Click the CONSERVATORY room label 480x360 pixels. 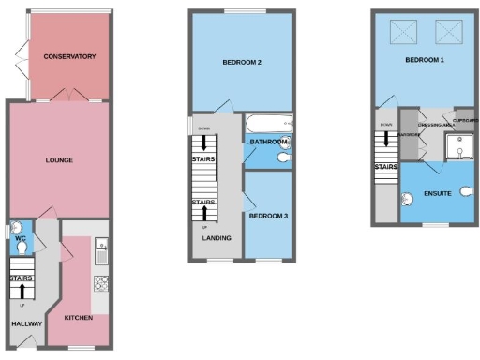[x=70, y=57]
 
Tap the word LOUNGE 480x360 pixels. [x=59, y=160]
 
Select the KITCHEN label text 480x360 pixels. [x=78, y=318]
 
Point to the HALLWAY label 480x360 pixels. [x=25, y=323]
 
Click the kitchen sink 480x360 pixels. [x=101, y=248]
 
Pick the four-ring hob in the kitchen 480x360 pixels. [x=99, y=283]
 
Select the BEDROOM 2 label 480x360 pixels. [x=241, y=63]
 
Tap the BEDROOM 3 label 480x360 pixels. [x=268, y=216]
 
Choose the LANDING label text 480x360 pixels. [x=217, y=238]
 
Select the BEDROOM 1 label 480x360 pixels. [x=425, y=60]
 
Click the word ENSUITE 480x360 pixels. [x=439, y=193]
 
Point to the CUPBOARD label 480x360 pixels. [x=466, y=121]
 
